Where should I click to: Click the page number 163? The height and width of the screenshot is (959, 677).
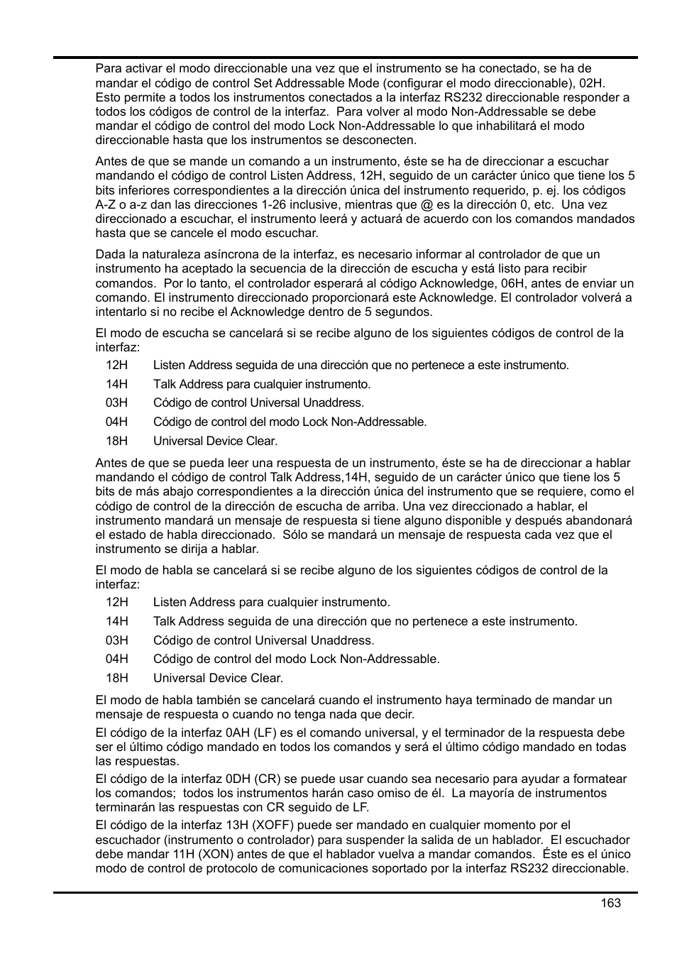coord(610,902)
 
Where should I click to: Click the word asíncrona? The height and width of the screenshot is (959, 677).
coord(214,254)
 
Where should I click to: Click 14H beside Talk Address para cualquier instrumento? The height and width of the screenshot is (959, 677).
coord(116,384)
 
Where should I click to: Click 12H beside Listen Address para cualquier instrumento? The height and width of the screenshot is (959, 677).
coord(116,602)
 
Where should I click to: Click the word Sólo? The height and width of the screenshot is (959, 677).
coord(295,535)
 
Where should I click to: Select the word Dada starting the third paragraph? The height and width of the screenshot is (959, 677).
coord(109,254)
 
